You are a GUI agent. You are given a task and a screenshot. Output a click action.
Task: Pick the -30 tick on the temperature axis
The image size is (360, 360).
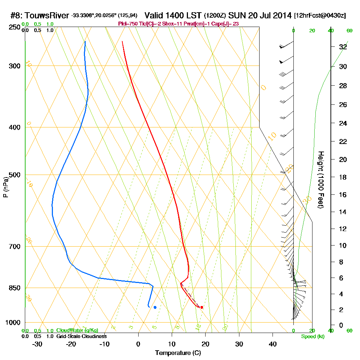(x=37, y=344)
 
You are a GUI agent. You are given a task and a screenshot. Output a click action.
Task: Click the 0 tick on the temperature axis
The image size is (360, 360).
(x=138, y=344)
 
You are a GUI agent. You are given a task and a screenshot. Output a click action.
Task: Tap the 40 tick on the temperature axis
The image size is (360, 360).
(x=273, y=344)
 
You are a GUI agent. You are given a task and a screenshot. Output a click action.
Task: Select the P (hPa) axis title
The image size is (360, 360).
(x=5, y=187)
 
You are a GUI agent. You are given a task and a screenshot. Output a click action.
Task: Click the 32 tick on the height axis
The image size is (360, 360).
(x=343, y=47)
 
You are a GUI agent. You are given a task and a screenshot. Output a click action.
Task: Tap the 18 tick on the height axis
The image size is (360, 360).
(x=343, y=177)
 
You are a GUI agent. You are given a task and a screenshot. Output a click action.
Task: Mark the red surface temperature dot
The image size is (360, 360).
(x=202, y=307)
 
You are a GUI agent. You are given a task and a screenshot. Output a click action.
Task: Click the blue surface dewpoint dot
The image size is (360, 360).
(x=155, y=307)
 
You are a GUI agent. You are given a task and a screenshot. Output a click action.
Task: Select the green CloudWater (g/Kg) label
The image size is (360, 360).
(x=77, y=330)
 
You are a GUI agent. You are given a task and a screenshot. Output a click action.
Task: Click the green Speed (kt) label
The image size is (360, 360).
(x=312, y=337)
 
